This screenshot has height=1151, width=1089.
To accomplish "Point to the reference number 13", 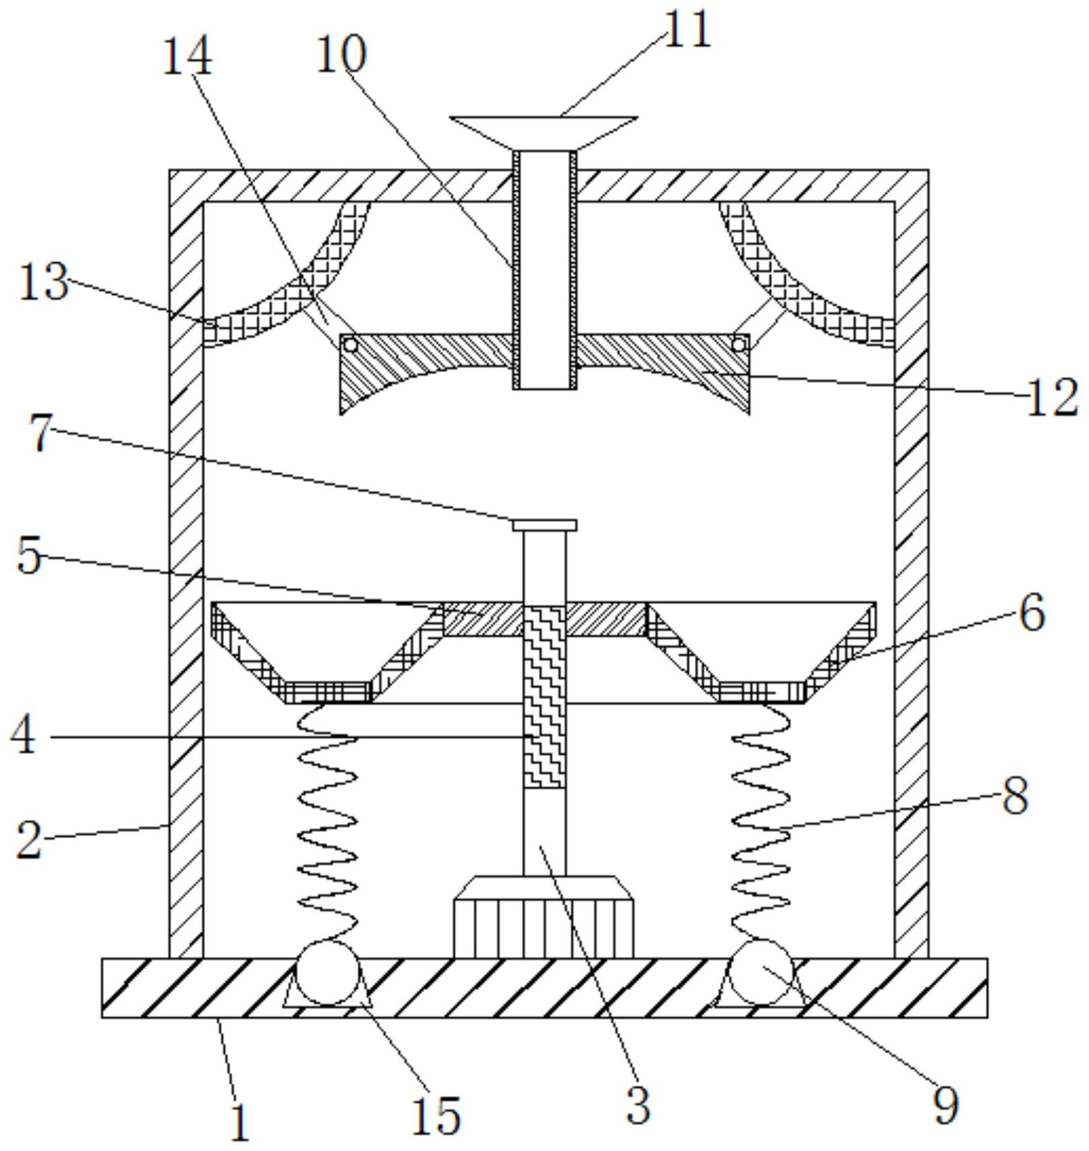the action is click(x=44, y=283).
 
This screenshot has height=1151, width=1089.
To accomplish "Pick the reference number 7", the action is click(x=41, y=434).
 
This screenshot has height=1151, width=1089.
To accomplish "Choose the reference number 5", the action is click(x=29, y=556).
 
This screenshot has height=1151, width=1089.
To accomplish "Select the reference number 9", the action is click(x=945, y=1106).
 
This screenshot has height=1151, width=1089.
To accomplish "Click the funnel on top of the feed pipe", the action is click(x=544, y=133).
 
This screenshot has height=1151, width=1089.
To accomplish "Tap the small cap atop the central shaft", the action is click(x=544, y=525).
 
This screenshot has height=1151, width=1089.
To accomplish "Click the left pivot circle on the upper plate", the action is click(x=351, y=345).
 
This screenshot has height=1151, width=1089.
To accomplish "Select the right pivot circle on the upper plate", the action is click(x=738, y=345).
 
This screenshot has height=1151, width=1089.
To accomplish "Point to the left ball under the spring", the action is click(x=328, y=972).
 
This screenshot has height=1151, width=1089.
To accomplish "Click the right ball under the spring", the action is click(x=762, y=972).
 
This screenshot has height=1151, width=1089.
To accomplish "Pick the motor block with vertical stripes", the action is click(x=544, y=916).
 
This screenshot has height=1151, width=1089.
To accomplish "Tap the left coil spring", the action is click(x=328, y=823).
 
